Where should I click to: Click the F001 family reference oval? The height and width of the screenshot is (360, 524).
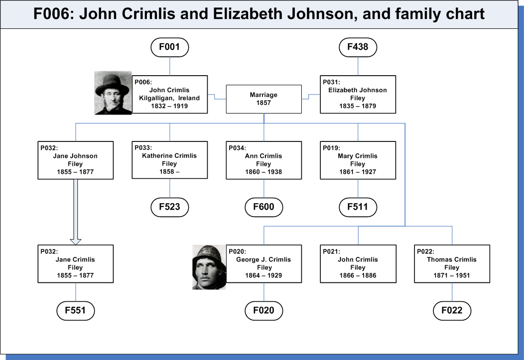(170, 47)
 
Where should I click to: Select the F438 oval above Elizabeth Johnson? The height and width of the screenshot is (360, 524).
(358, 47)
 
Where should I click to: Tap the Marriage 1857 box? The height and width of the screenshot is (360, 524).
(263, 99)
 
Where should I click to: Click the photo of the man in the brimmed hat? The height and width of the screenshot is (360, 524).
(113, 93)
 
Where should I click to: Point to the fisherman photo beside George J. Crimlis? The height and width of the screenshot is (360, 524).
(209, 267)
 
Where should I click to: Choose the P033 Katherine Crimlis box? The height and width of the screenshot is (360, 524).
(170, 160)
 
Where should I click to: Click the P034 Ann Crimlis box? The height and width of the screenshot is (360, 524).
(263, 160)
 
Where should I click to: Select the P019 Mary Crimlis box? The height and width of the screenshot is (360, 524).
(358, 160)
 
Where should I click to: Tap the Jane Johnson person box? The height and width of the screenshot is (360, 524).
(76, 160)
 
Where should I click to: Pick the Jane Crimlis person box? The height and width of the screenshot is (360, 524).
(76, 264)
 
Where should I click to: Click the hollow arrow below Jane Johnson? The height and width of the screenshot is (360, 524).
(76, 212)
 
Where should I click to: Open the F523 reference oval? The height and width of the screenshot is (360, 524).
(170, 207)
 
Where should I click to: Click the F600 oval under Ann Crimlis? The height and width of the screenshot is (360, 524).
(263, 207)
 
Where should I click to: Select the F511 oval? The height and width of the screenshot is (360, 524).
(358, 207)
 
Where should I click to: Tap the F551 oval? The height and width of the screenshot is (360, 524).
(76, 311)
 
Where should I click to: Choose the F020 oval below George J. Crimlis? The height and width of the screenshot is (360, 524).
(263, 311)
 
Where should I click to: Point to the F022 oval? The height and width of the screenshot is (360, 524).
(452, 311)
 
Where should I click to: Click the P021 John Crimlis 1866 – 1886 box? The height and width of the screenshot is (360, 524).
(358, 264)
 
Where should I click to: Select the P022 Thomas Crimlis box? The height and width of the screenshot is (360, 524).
(452, 264)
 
